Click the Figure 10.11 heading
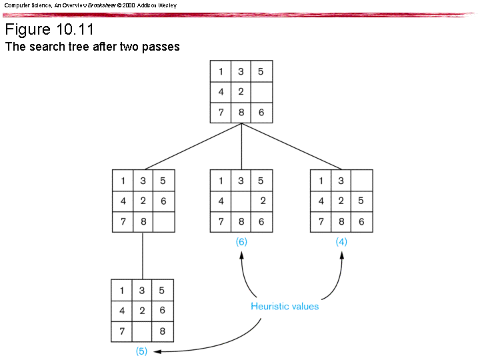49,30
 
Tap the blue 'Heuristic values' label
285,307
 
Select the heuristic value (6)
241,242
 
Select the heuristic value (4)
341,242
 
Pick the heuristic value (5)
141,351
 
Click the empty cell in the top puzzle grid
261,92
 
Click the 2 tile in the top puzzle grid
241,92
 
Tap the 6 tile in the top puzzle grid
261,112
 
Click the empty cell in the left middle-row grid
163,221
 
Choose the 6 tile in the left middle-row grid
163,201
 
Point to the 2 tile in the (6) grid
263,201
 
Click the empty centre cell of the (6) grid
241,201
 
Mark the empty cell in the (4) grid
361,181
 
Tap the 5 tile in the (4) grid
361,201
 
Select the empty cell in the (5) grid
142,331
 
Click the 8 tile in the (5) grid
162,331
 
